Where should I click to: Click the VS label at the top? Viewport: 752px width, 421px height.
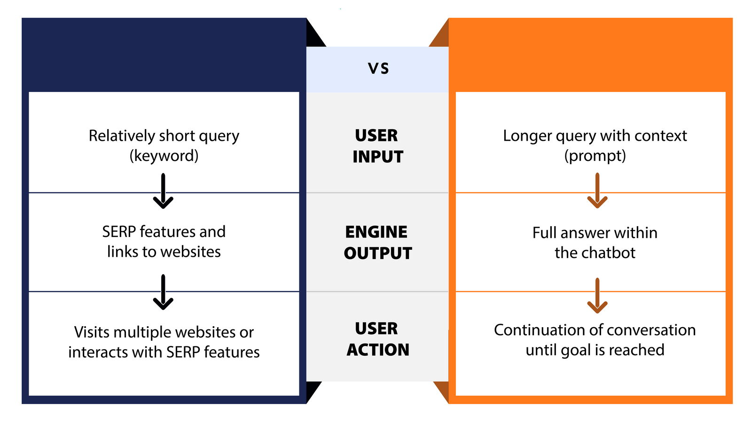(378, 69)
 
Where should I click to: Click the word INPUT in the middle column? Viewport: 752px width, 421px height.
(378, 157)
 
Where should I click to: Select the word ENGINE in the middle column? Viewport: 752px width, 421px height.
(376, 232)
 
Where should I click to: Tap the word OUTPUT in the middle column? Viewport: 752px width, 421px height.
(378, 253)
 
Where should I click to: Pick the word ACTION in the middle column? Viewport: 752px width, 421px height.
(378, 350)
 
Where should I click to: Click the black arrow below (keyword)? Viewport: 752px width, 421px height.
(163, 191)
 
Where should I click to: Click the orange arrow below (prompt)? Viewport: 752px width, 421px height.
(597, 191)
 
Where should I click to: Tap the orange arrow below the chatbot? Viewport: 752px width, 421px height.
(597, 296)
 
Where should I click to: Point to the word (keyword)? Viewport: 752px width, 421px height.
(164, 156)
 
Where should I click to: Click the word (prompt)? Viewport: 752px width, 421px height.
(595, 156)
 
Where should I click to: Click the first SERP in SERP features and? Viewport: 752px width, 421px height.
(119, 232)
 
